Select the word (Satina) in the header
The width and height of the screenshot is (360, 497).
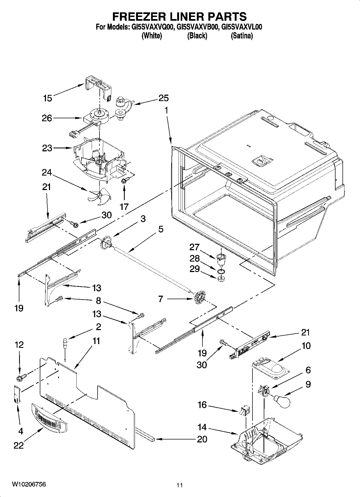click(x=241, y=36)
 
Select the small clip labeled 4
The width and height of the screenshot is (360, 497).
click(x=17, y=394)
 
